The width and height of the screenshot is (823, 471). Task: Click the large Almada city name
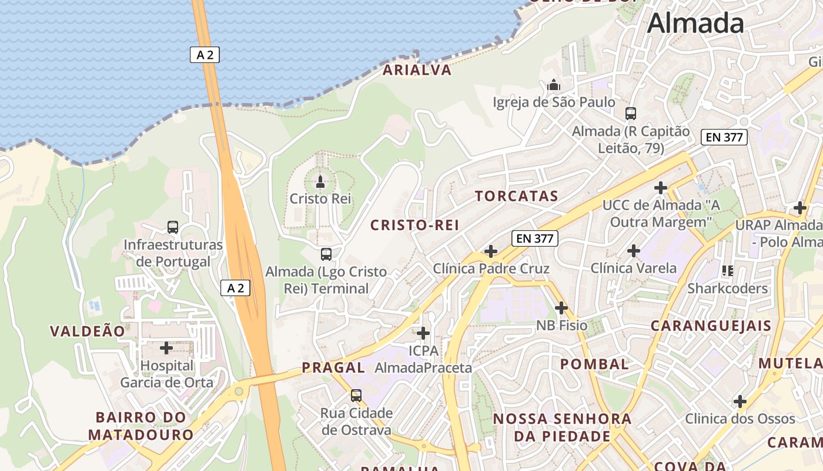(x=695, y=24)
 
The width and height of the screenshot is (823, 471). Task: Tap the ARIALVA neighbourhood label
(x=417, y=70)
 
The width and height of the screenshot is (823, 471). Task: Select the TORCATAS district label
(x=516, y=196)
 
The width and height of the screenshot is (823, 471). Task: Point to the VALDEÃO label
(x=88, y=331)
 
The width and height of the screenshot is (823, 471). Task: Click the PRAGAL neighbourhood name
(x=333, y=368)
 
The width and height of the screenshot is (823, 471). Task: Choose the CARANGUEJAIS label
(x=711, y=326)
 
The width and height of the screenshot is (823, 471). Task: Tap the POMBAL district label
(x=594, y=364)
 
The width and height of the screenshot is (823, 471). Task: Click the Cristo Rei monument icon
(x=320, y=181)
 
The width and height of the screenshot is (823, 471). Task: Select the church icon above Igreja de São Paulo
(x=554, y=85)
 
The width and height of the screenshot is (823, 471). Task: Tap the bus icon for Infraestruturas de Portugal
(x=173, y=227)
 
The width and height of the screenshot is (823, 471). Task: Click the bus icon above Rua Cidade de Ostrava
(x=356, y=395)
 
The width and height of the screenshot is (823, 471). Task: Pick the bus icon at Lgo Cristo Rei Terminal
(x=326, y=254)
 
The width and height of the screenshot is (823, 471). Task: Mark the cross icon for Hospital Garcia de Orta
(x=166, y=348)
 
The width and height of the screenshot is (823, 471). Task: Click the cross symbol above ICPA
(x=423, y=334)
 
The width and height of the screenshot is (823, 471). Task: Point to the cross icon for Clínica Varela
(x=634, y=251)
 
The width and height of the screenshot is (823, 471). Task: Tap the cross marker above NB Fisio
(x=561, y=307)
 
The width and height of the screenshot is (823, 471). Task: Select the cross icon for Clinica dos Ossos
(x=740, y=402)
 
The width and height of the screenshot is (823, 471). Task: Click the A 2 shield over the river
(x=205, y=55)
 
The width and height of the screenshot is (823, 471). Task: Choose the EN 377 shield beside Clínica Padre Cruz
(x=534, y=238)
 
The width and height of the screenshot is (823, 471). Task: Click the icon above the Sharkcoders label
(x=728, y=271)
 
